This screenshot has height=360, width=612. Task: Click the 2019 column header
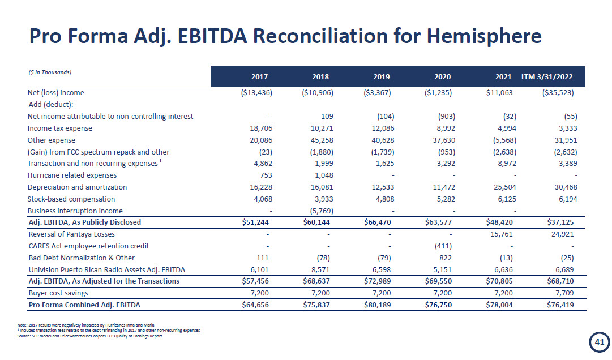point(382,76)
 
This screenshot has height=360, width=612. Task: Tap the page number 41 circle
point(597,342)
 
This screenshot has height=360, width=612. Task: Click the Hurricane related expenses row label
point(72,175)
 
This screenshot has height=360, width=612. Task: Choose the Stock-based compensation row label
point(71,199)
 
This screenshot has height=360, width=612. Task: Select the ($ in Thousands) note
point(49,72)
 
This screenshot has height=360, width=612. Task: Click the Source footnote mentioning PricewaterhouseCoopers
point(91,336)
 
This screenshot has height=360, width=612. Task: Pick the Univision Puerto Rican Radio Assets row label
point(106,269)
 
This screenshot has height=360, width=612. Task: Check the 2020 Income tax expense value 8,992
point(443,128)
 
